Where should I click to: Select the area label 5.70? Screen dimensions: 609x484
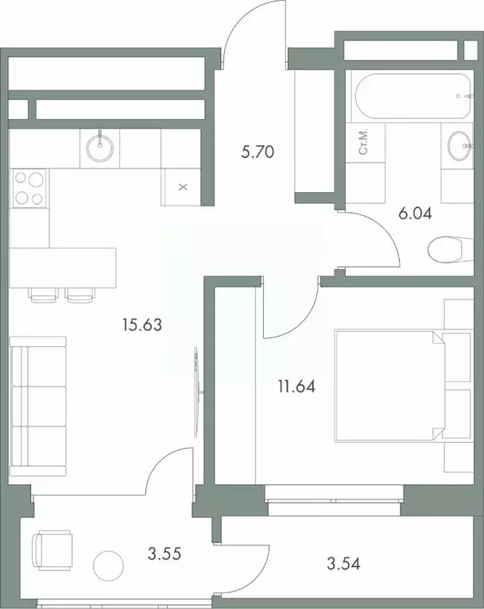point(257,152)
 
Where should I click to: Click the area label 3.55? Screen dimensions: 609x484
point(166,553)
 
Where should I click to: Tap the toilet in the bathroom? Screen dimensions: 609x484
point(445,251)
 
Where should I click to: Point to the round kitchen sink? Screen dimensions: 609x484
point(100,148)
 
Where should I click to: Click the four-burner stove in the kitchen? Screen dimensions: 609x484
point(29,189)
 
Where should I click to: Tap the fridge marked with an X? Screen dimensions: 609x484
point(182,187)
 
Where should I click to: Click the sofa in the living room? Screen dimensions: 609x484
point(38,406)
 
